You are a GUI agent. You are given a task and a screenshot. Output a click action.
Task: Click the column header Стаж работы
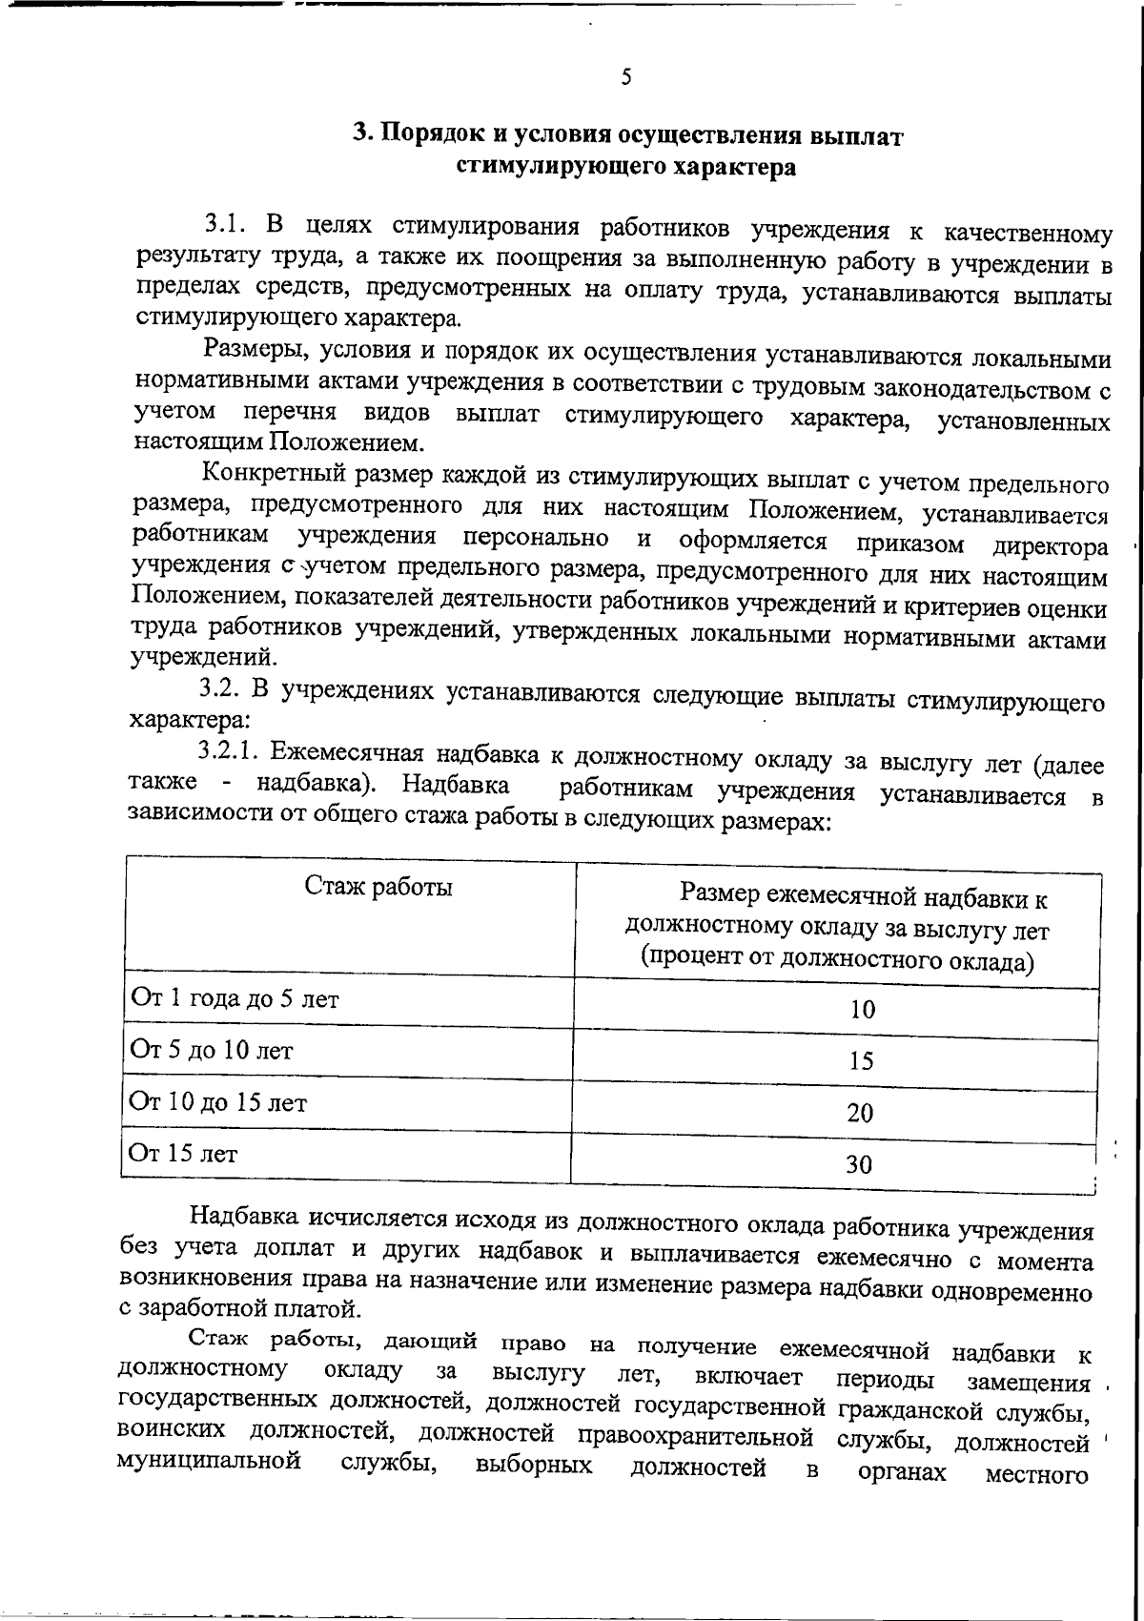pyautogui.click(x=378, y=887)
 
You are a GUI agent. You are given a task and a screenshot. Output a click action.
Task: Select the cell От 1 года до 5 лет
pyautogui.click(x=235, y=999)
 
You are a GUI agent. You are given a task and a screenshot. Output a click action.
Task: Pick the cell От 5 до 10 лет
pyautogui.click(x=212, y=1051)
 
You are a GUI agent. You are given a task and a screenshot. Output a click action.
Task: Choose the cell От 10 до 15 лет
pyautogui.click(x=218, y=1103)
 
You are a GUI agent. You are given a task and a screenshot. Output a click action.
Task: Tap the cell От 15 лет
pyautogui.click(x=184, y=1155)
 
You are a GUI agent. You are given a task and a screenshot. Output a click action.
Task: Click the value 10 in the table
pyautogui.click(x=862, y=1010)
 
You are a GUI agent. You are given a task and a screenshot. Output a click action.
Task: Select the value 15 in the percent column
pyautogui.click(x=861, y=1061)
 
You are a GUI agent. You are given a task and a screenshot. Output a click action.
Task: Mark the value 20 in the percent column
pyautogui.click(x=860, y=1113)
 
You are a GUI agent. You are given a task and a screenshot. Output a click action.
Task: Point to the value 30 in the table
pyautogui.click(x=860, y=1164)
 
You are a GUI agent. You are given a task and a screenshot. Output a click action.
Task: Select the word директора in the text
pyautogui.click(x=1051, y=547)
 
